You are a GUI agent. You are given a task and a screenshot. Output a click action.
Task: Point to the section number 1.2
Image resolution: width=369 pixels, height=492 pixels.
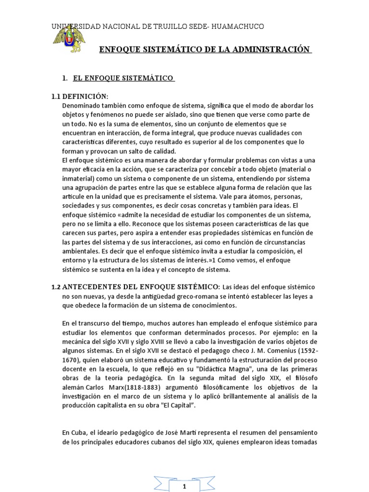click(56, 287)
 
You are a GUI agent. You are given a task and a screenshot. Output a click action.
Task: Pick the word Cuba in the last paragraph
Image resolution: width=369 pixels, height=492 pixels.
click(79, 433)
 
